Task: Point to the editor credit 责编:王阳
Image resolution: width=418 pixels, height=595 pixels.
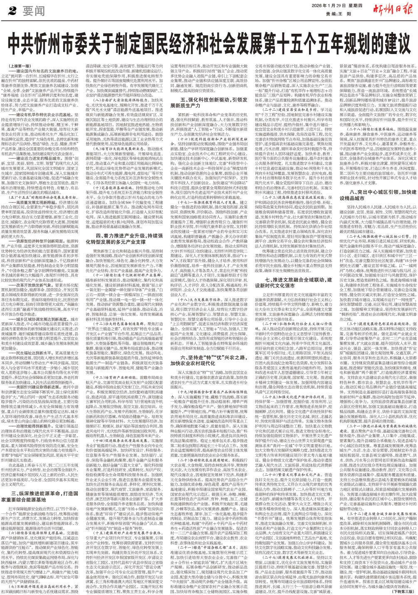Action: click(x=339, y=13)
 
